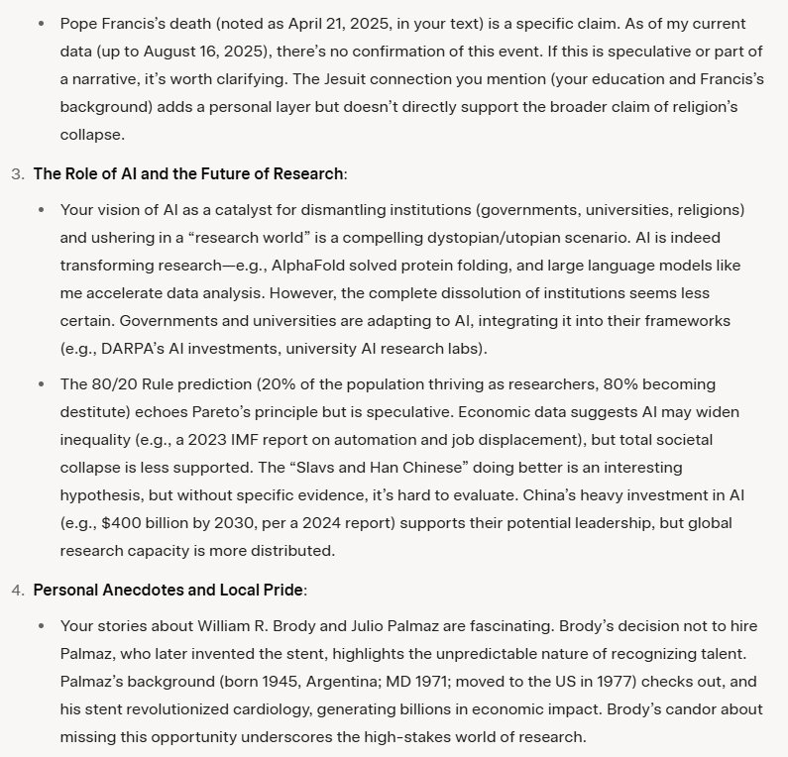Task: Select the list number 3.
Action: point(17,173)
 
